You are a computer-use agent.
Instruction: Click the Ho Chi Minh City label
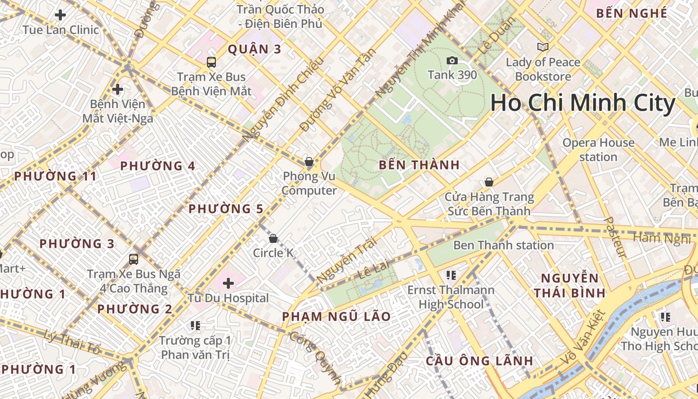582,103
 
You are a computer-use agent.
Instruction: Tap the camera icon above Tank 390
452,61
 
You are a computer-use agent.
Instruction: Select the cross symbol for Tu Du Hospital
228,284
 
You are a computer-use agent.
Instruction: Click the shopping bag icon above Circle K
273,238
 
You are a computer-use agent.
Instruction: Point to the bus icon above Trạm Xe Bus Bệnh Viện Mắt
211,62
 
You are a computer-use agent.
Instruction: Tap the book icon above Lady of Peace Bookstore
543,47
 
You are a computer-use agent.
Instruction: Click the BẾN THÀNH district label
419,165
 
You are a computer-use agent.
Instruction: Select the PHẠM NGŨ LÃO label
336,317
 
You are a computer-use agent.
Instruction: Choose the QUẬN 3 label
255,49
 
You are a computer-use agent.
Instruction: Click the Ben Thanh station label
503,245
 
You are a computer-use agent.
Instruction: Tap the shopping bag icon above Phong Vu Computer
309,162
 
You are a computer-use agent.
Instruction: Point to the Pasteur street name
614,237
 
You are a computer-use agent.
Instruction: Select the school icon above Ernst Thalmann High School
451,275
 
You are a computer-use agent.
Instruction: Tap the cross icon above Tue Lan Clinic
60,15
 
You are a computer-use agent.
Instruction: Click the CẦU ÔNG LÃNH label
479,361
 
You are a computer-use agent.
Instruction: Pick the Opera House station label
598,150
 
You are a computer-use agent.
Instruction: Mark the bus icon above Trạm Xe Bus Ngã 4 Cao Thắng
134,259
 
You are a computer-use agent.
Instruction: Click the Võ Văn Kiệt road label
582,338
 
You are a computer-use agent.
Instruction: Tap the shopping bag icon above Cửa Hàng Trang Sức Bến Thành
489,183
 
